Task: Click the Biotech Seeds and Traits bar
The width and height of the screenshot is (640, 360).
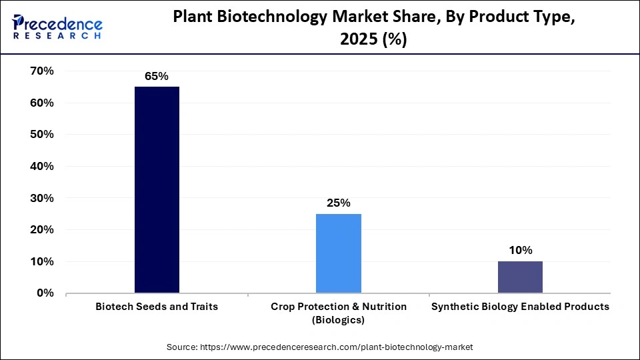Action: [x=157, y=190]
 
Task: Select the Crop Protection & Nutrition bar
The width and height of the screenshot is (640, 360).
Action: [x=339, y=253]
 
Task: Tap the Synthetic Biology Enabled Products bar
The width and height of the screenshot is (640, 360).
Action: [x=520, y=277]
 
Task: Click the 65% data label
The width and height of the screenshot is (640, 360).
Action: [x=157, y=76]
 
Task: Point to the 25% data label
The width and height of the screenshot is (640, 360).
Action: [x=339, y=203]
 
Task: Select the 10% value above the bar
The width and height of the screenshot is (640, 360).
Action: [x=520, y=250]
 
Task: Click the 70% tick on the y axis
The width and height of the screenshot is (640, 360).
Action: [x=42, y=71]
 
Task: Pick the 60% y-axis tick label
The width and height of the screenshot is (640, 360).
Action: [x=42, y=103]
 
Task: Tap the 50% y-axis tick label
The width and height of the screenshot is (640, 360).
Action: [x=42, y=134]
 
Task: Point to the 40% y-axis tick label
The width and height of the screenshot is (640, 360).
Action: [x=42, y=166]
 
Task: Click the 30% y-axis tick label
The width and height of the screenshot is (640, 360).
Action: [x=42, y=198]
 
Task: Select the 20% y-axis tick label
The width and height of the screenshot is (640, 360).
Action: [x=42, y=229]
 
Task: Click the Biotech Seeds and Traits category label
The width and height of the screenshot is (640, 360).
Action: [x=157, y=307]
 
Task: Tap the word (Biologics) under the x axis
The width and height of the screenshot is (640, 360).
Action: [x=339, y=321]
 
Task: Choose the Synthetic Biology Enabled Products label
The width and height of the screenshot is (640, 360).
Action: [x=520, y=307]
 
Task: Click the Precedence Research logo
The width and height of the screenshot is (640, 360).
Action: [x=57, y=28]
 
